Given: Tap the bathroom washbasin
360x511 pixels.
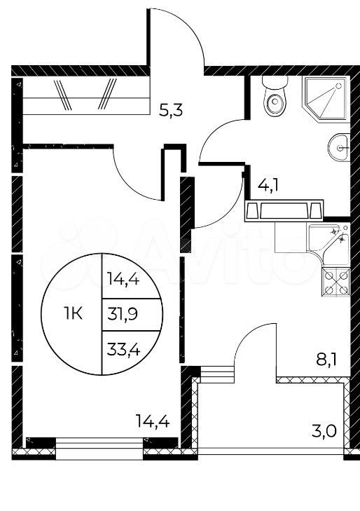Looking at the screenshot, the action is (338, 149).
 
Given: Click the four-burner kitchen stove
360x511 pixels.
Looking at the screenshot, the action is (336, 282).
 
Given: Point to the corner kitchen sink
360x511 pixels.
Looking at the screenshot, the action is (328, 243).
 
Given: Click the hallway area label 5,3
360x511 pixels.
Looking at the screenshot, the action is (171, 111).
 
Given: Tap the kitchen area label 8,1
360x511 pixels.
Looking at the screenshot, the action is (328, 361).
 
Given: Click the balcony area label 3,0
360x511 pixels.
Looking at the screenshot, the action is (324, 431).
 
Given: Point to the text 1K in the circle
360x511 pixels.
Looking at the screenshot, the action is (73, 314).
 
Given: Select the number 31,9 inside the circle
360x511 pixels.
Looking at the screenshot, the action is (123, 314).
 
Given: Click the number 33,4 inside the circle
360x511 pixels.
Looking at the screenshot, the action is (123, 350).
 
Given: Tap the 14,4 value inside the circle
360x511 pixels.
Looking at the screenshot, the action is (123, 279).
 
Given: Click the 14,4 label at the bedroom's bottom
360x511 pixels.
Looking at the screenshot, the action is (153, 421).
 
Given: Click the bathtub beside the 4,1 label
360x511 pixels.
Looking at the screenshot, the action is (284, 210).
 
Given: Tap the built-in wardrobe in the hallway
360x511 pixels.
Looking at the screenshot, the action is (86, 96).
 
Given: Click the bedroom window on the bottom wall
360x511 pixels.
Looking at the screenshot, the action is (99, 449).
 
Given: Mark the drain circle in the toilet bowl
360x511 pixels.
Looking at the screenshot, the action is (275, 102).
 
